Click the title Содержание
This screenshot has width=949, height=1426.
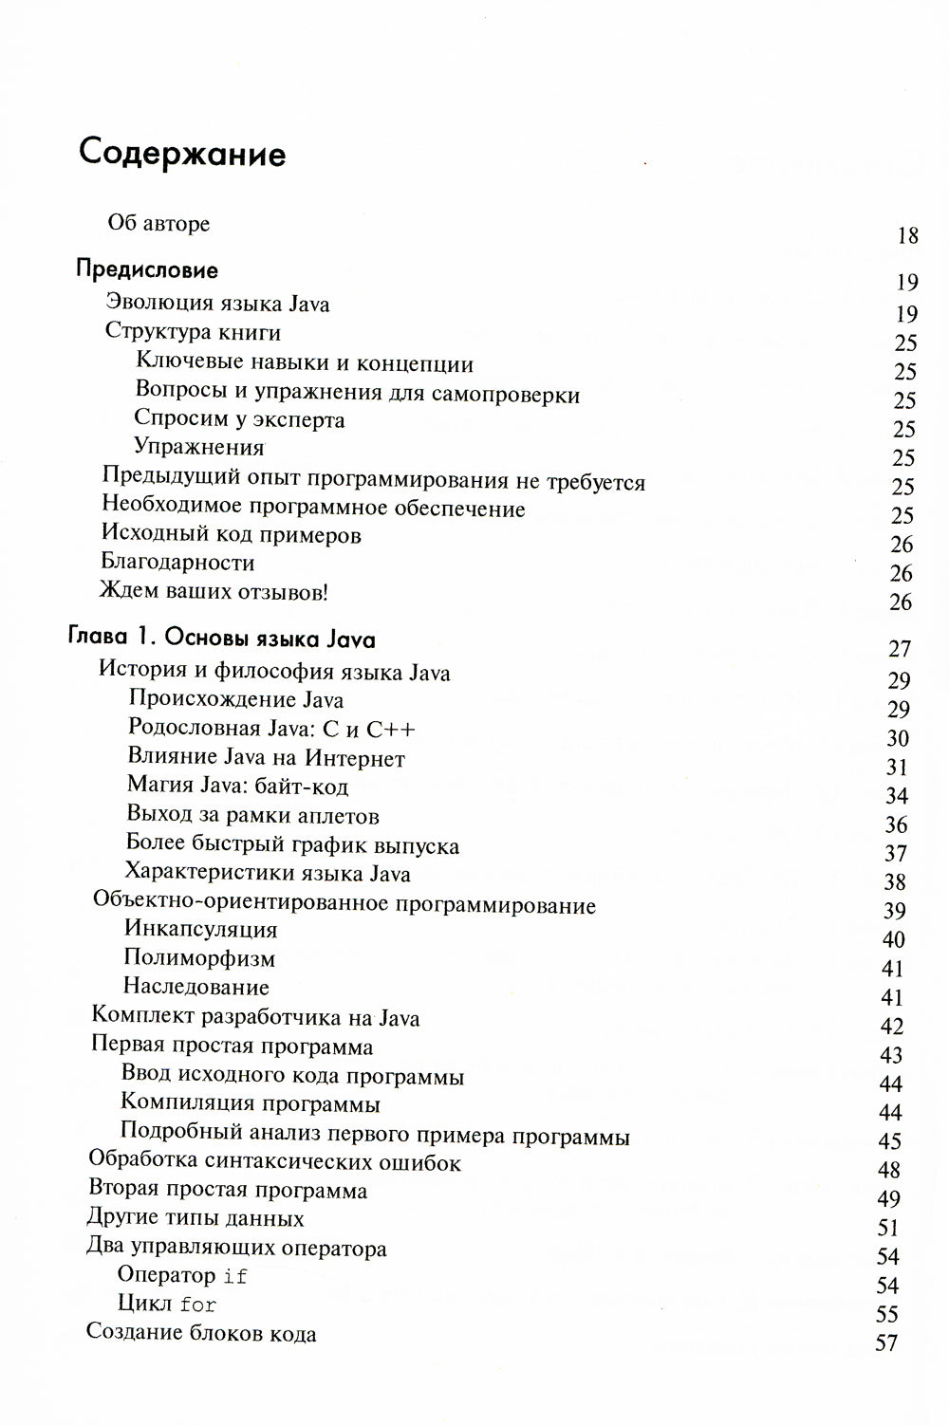(x=182, y=152)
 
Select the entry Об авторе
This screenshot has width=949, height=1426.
(x=158, y=224)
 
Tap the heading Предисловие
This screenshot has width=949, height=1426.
(x=146, y=270)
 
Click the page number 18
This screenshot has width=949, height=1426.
(x=907, y=235)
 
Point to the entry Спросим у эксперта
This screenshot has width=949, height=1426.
(x=239, y=419)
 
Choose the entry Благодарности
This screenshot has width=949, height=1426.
(x=177, y=563)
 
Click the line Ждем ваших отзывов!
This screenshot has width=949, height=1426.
(x=214, y=592)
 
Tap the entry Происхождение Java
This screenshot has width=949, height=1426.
(x=235, y=700)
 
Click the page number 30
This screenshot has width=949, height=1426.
(x=897, y=738)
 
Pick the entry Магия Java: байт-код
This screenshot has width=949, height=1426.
(x=237, y=787)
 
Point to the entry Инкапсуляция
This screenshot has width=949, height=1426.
(x=200, y=929)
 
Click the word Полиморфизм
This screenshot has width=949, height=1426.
(x=199, y=958)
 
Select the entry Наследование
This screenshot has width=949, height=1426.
(x=196, y=987)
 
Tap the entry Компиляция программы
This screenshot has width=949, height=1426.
(x=251, y=1104)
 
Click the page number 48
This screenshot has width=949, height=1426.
(x=889, y=1170)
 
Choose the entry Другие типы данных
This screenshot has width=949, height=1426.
(x=195, y=1218)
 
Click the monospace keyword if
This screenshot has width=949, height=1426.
(x=235, y=1277)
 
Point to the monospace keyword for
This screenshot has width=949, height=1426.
(x=198, y=1306)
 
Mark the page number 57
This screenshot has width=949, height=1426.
(x=886, y=1343)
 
